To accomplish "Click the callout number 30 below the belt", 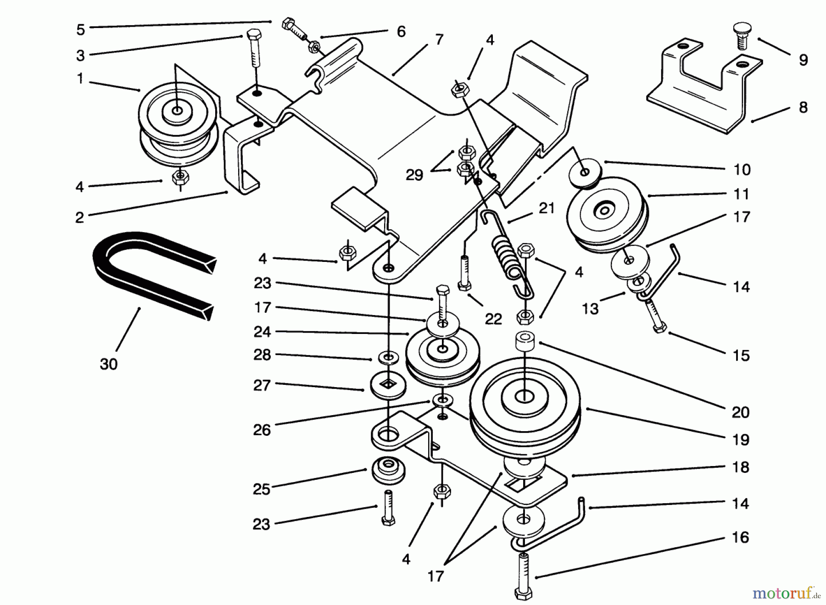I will click(x=109, y=364).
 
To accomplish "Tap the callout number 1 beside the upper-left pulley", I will click(x=80, y=78).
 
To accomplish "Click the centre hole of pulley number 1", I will click(x=177, y=111).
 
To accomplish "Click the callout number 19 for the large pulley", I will click(x=740, y=439).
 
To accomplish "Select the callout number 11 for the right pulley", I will click(x=741, y=194).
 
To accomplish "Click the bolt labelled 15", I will click(x=654, y=316).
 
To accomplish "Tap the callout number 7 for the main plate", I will click(x=439, y=40).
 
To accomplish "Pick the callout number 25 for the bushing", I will click(x=262, y=489).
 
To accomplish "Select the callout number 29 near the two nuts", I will click(x=414, y=175).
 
